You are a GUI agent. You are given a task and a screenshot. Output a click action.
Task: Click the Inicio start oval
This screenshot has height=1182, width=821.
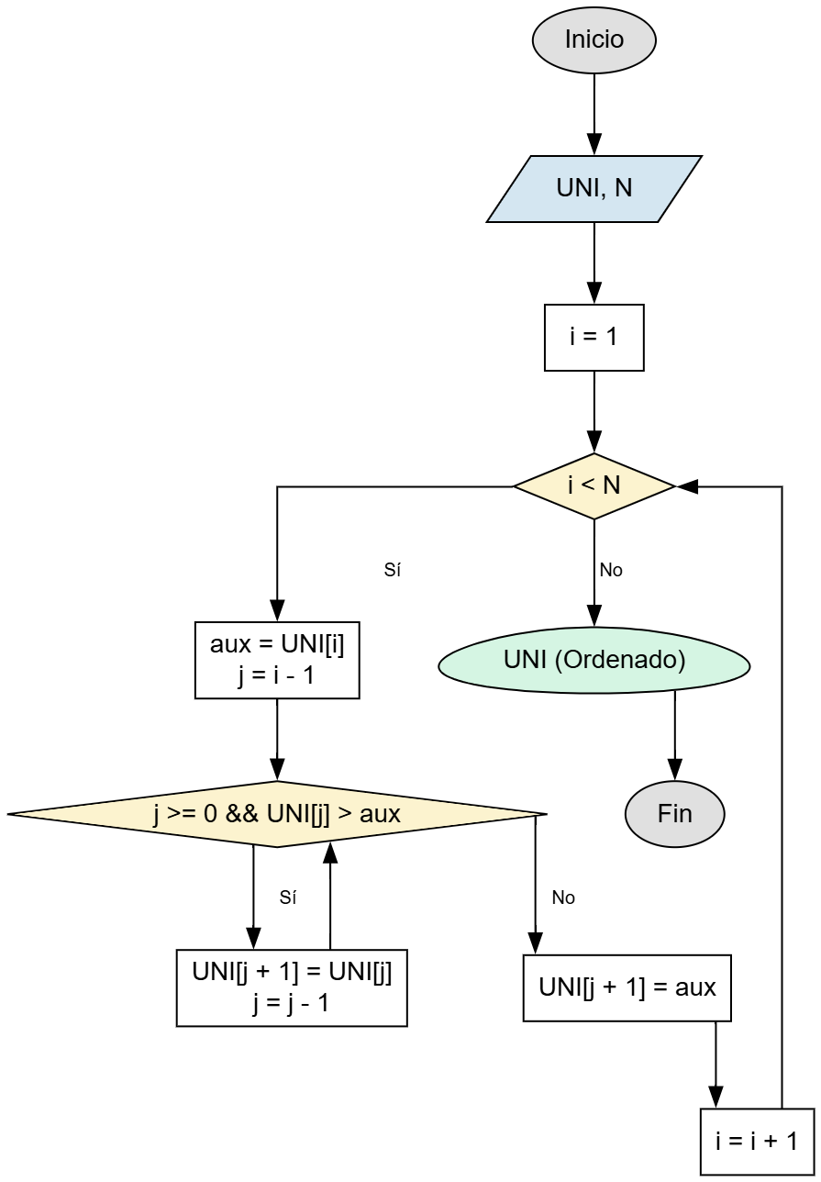(x=594, y=40)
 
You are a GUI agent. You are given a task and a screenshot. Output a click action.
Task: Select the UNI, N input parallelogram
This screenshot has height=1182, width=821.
(x=594, y=189)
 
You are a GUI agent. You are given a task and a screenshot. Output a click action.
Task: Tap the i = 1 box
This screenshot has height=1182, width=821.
(x=594, y=338)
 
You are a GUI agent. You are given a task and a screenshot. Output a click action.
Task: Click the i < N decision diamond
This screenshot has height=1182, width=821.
(x=594, y=486)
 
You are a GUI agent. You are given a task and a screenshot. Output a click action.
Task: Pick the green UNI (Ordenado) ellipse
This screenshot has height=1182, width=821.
(x=594, y=661)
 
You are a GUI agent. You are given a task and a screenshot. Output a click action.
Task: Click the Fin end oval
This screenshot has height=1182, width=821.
(x=674, y=814)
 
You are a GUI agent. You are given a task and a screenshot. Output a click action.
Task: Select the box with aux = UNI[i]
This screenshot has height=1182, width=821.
(x=277, y=661)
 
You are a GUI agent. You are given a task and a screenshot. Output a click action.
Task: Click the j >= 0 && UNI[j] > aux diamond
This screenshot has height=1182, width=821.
(x=277, y=814)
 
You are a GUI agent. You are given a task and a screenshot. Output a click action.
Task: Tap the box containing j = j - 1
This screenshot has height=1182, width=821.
(x=292, y=988)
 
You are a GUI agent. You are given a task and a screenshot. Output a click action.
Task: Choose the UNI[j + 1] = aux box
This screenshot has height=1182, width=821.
(x=627, y=988)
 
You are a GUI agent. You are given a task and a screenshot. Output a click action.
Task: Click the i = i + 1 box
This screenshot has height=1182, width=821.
(x=757, y=1142)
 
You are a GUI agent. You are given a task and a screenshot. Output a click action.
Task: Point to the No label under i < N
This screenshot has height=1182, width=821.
(x=611, y=570)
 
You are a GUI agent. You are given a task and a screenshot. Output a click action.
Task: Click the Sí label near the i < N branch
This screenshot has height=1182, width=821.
(x=393, y=570)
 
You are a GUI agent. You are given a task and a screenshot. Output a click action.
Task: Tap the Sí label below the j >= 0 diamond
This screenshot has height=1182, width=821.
(x=288, y=898)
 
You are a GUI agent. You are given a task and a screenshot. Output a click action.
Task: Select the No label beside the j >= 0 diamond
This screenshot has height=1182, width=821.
(x=563, y=898)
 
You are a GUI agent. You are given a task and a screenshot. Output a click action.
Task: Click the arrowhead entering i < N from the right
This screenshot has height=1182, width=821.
(x=687, y=486)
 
